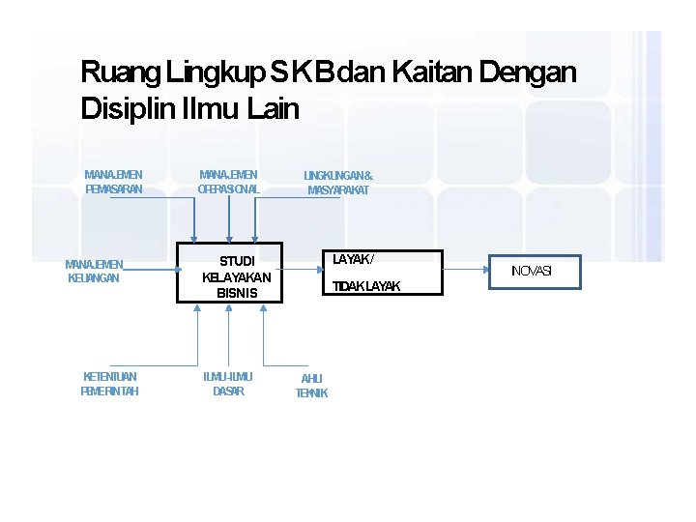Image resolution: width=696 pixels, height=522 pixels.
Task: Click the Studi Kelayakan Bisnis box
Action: tap(231, 273)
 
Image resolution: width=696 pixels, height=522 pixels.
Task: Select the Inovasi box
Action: tap(532, 272)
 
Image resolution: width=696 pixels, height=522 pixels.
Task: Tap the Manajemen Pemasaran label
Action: tap(113, 183)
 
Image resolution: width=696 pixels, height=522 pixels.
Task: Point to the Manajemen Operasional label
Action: tap(228, 183)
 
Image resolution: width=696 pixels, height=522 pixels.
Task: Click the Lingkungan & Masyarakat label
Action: tap(337, 183)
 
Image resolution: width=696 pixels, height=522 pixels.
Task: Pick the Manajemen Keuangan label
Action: tap(94, 271)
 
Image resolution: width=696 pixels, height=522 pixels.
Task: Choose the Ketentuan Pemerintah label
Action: tap(109, 384)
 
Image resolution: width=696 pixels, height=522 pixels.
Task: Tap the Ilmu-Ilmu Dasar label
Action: tap(228, 384)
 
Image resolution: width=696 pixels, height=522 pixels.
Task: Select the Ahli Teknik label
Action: tap(311, 386)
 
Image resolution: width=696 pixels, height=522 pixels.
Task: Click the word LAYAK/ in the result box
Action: tap(353, 259)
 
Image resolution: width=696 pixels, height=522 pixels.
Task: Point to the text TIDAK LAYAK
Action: tap(365, 286)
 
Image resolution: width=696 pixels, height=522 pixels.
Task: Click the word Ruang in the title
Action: tap(120, 72)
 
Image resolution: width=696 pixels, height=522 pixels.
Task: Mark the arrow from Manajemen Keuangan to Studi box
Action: tap(150, 271)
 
